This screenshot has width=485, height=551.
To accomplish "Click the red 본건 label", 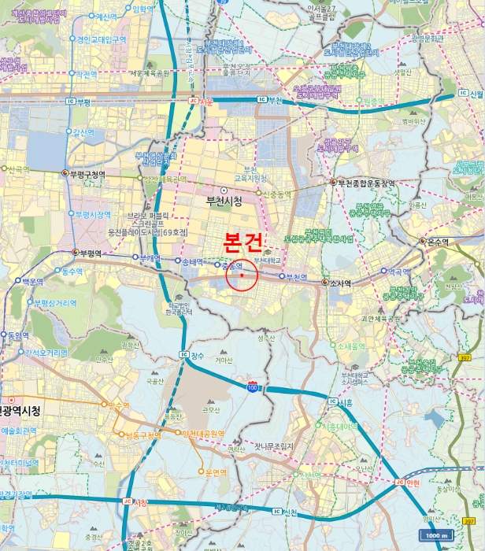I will tap(242, 242).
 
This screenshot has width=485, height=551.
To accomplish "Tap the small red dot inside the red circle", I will tap(242, 275).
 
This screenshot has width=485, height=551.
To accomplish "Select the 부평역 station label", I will tap(91, 253).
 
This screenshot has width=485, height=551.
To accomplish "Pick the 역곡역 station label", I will tap(402, 270).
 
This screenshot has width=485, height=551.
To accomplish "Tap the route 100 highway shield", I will tap(252, 388).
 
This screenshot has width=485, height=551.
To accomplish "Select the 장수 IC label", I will tap(197, 356).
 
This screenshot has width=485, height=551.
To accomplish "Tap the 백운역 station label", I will tap(31, 281).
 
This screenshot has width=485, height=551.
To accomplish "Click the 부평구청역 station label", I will tap(87, 174).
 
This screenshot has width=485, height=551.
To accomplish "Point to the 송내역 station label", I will tap(192, 262).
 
